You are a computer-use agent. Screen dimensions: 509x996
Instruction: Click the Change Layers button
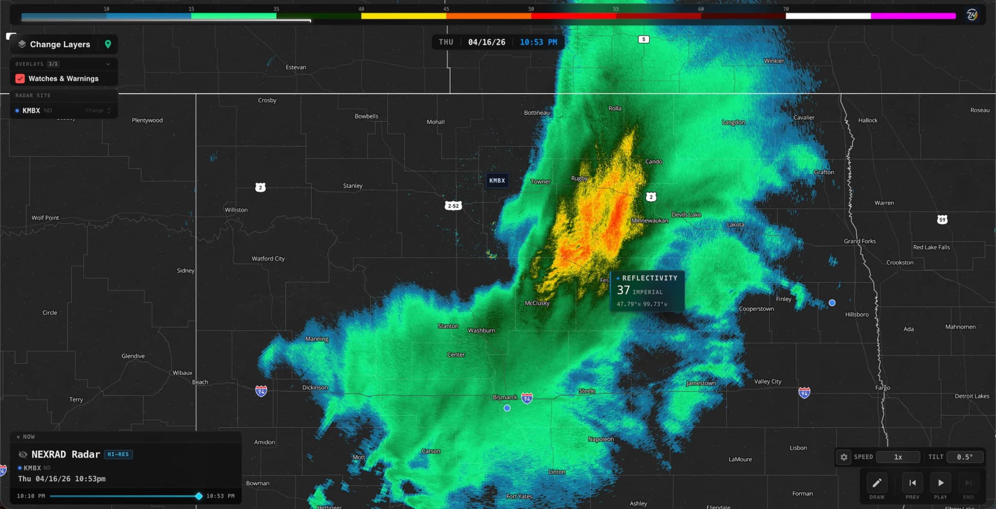pos(60,44)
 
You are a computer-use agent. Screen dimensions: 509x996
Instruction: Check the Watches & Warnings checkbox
pos(20,78)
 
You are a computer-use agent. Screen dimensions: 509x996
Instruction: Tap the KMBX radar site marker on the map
pos(497,180)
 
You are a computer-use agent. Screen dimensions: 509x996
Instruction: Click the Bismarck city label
pos(504,397)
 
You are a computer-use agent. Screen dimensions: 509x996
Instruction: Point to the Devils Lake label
pos(686,214)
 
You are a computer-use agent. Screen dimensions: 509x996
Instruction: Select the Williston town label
pos(236,210)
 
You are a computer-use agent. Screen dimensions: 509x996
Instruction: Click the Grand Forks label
pos(859,241)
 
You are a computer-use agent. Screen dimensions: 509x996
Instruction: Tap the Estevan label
pos(296,67)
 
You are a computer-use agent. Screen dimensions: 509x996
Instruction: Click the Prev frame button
pos(912,483)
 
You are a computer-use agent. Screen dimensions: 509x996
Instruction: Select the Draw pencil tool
pos(877,483)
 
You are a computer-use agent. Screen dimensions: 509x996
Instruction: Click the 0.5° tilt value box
pos(965,457)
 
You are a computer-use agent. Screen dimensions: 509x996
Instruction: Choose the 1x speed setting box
pos(898,457)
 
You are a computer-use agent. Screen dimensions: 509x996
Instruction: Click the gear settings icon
pos(844,457)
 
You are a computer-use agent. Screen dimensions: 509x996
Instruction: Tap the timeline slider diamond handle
pos(198,496)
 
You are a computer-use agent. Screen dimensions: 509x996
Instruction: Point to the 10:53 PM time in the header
pos(538,42)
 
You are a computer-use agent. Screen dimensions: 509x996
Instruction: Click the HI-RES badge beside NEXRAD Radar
pos(118,454)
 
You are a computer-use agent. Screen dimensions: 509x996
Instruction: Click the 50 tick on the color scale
pos(531,9)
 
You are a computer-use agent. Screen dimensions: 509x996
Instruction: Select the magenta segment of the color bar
pos(913,16)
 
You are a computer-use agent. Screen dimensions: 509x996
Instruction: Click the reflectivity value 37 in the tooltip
pos(623,290)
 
